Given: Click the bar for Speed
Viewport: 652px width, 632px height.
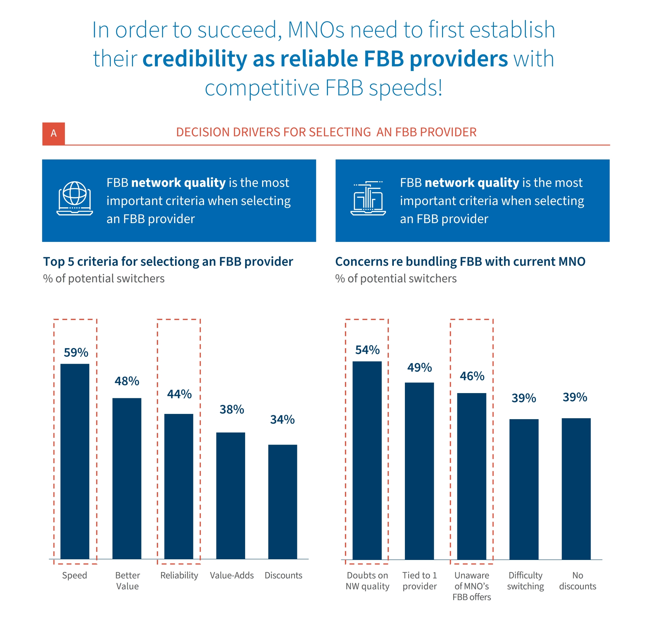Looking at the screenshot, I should coord(75,463).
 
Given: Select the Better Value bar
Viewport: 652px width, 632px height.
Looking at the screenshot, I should coord(127,479).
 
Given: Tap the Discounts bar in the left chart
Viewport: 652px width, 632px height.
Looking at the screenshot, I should coord(282,502).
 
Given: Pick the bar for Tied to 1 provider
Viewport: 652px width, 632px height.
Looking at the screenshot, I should coord(419,471).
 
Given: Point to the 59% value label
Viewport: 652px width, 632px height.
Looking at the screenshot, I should coord(76,353).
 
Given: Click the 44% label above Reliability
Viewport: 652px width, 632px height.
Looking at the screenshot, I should coord(179,394).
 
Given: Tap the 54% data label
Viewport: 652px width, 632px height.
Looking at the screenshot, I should coord(367,350).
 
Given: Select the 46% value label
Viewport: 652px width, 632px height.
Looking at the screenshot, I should coord(472,376).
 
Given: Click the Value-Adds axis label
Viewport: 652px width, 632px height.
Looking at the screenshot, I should coord(231,576).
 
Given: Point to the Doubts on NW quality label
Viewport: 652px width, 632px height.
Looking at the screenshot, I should coord(367,581).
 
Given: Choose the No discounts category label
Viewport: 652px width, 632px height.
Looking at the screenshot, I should coord(577,581).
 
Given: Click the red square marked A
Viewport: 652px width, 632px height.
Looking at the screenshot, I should coord(53,134).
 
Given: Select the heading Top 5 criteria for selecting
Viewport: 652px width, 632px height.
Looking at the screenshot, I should coord(168,262).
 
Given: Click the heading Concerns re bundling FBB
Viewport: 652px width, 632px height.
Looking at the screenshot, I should coord(460,262).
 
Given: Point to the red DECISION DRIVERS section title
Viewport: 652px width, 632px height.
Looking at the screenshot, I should coord(326,132).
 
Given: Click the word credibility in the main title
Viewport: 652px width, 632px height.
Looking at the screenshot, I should coord(195,59).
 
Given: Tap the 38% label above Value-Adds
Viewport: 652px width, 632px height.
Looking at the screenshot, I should coord(231,409).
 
